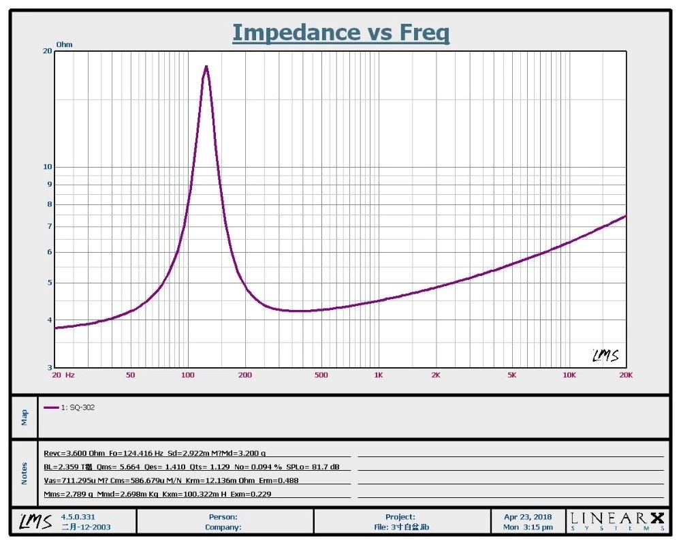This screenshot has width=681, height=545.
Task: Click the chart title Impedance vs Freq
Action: [x=340, y=32]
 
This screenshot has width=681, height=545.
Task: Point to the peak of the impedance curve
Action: [x=206, y=67]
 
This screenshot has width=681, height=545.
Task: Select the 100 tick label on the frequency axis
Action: [x=187, y=375]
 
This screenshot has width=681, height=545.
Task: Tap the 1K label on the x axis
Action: [x=379, y=375]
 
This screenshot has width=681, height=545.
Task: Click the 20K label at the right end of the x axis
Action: [x=625, y=375]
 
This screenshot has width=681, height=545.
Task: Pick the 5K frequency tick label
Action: [x=512, y=375]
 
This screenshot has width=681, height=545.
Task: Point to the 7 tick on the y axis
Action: [x=49, y=226]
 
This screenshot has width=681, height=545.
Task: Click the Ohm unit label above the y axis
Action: [x=64, y=44]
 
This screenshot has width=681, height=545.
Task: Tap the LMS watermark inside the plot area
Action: [x=605, y=355]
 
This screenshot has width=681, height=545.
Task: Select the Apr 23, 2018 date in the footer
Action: [x=528, y=517]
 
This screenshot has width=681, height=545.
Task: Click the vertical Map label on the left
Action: [x=25, y=417]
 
